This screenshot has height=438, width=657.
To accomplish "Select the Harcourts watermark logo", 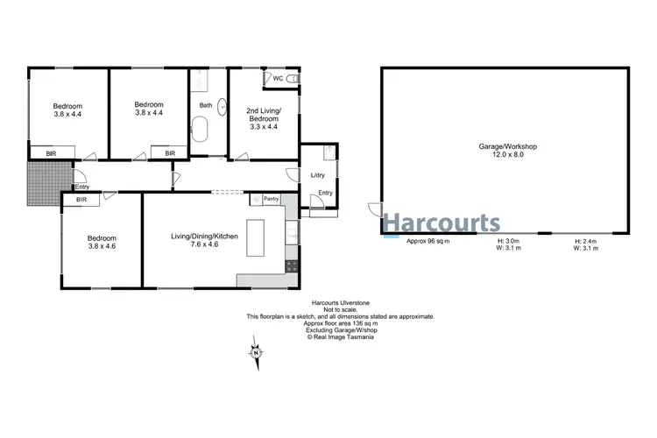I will (x=443, y=222).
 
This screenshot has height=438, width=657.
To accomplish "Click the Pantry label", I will (x=272, y=200).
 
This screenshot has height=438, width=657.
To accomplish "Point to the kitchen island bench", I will (x=256, y=237).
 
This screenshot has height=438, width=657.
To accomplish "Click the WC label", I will (x=278, y=79).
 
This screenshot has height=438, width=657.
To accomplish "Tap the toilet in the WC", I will (x=293, y=80).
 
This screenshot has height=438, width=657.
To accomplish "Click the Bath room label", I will (x=206, y=106).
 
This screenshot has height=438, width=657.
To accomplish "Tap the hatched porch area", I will (x=40, y=185).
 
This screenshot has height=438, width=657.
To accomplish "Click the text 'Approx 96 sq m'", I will (x=428, y=241).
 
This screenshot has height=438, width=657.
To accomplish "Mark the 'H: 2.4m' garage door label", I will (x=586, y=241).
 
